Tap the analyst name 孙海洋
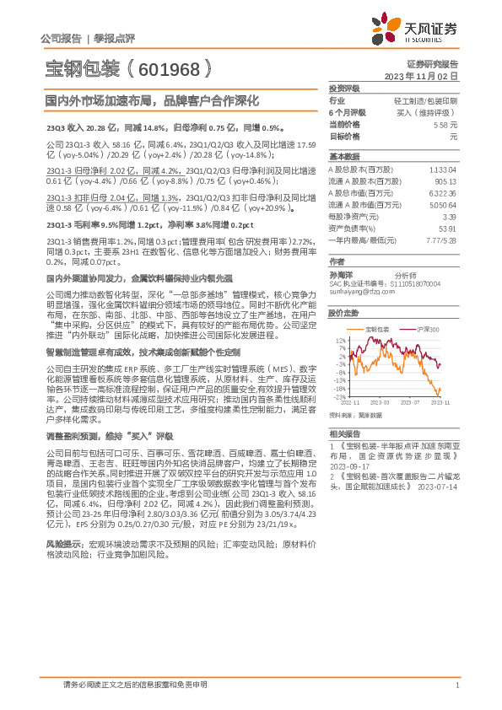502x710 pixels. tap(342, 274)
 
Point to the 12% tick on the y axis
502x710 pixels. tap(340, 340)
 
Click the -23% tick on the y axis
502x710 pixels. tap(338, 396)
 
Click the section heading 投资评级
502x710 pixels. tap(344, 88)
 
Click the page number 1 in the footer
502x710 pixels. tap(456, 685)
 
